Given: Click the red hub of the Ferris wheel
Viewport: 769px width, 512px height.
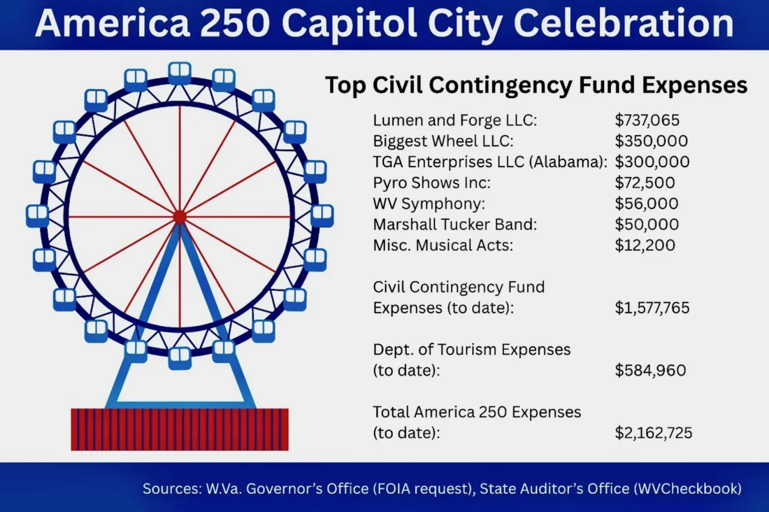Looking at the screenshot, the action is pyautogui.click(x=180, y=217).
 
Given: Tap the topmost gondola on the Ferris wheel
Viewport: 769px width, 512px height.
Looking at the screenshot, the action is pyautogui.click(x=180, y=73).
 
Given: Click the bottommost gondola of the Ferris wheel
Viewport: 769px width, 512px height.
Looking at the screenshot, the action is pyautogui.click(x=180, y=358).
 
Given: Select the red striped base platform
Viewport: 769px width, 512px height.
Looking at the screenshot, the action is pyautogui.click(x=180, y=429).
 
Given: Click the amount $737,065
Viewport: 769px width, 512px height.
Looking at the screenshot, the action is pyautogui.click(x=647, y=120).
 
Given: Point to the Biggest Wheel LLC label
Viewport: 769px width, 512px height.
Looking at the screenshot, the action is pyautogui.click(x=443, y=141).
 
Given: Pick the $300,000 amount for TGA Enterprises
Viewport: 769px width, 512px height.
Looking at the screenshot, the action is pyautogui.click(x=652, y=162).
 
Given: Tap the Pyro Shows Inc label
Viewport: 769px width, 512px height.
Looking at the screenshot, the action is pyautogui.click(x=431, y=183).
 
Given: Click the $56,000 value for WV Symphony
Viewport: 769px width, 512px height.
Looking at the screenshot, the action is pyautogui.click(x=647, y=204).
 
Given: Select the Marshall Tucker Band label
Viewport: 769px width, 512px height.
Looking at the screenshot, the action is pyautogui.click(x=455, y=225).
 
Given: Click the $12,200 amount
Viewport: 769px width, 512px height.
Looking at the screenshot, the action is pyautogui.click(x=645, y=245).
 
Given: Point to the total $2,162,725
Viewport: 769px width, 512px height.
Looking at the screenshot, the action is pyautogui.click(x=654, y=433).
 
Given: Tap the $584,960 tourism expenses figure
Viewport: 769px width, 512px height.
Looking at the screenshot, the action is pyautogui.click(x=650, y=370).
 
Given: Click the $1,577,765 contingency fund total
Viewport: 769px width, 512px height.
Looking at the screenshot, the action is pyautogui.click(x=652, y=308).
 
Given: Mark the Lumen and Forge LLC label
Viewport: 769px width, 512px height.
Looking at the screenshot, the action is pyautogui.click(x=455, y=120).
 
